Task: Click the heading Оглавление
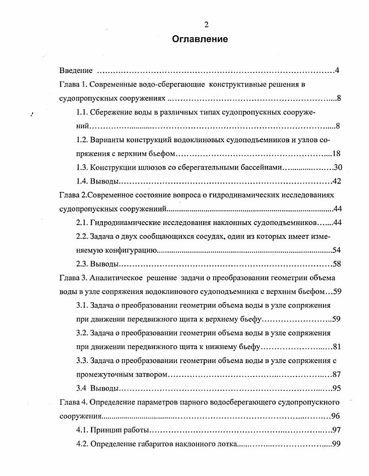coord(200,39)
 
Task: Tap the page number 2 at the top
coord(206,25)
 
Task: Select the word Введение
coord(76,71)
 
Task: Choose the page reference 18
coord(337,154)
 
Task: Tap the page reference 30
coord(337,168)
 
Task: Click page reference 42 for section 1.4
coord(337,181)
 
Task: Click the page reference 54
coord(336,251)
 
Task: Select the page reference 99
coord(336,443)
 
